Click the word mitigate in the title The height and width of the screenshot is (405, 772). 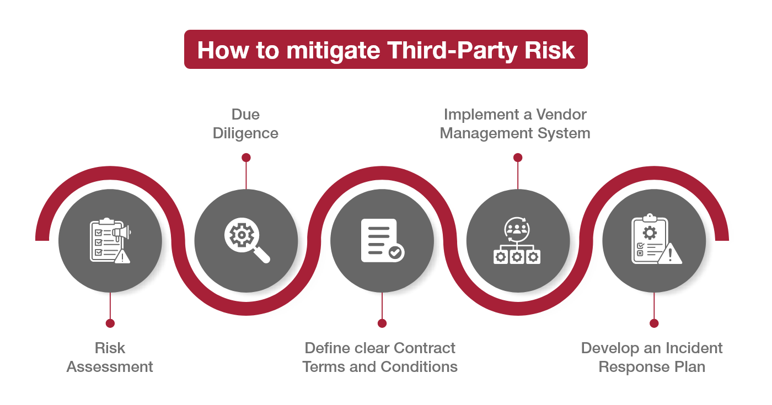334,51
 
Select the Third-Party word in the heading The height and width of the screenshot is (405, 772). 448,51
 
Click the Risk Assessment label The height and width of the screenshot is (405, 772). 110,358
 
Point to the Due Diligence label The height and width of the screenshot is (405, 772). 246,124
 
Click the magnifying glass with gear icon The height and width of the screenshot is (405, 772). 246,241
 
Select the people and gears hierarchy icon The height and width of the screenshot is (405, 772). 517,241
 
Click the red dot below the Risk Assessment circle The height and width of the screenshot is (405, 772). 110,323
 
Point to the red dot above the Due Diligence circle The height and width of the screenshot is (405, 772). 246,158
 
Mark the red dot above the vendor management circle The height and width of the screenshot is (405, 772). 518,158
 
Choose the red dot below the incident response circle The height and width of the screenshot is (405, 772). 654,323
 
